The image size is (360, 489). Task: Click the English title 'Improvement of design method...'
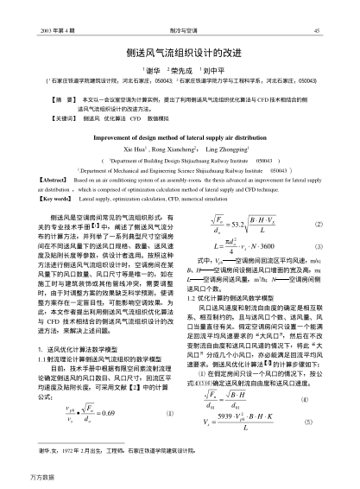point(179,137)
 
